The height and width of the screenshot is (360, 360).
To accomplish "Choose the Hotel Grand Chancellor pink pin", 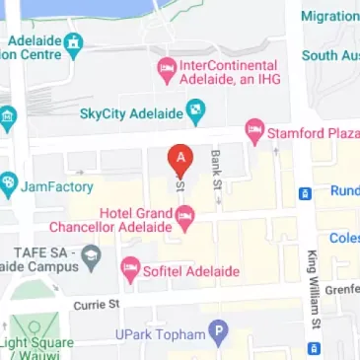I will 183,222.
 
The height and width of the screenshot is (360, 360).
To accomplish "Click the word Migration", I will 329,16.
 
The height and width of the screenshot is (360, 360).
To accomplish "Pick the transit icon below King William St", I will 315,346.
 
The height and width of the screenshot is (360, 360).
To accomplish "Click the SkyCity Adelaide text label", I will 132,115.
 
